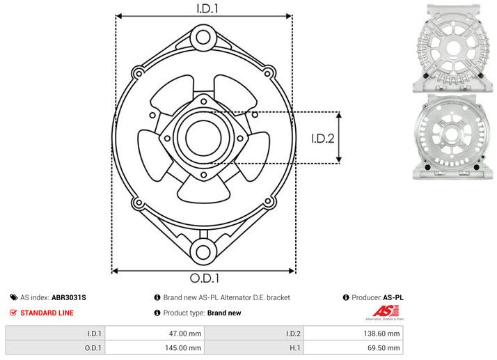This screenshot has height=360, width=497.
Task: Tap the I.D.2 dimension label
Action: click(323, 138)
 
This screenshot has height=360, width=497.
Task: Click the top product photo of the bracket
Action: click(452, 47)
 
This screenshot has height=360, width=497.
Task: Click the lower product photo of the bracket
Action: click(452, 136)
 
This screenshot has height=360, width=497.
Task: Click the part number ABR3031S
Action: click(69, 297)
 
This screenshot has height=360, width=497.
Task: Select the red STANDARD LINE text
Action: click(47, 313)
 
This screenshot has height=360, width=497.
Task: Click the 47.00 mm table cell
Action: click(153, 334)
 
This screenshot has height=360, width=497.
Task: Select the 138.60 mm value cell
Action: click(353, 334)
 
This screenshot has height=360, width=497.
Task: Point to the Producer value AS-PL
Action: click(393, 297)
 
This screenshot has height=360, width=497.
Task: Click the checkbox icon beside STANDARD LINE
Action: click(13, 313)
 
